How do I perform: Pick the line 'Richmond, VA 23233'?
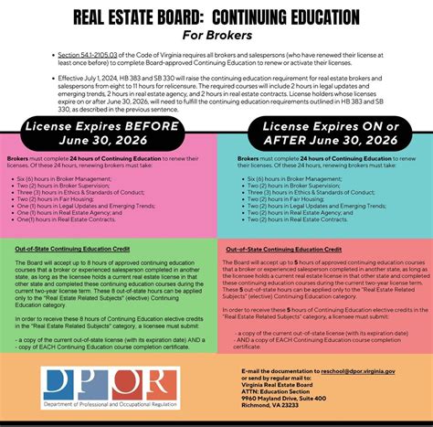coord(271,407)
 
